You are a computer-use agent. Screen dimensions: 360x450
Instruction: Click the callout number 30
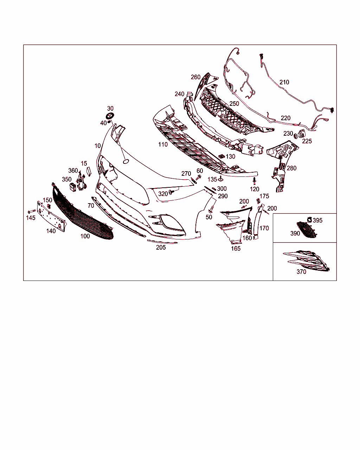tap(110, 109)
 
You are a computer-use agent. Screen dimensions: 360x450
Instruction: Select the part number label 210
tap(284, 82)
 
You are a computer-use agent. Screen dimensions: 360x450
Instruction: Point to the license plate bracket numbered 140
tap(51, 216)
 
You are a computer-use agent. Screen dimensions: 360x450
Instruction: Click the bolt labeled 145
tap(32, 211)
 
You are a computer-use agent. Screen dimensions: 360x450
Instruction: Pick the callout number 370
tap(301, 272)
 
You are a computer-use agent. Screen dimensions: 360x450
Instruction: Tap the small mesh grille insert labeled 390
tap(307, 230)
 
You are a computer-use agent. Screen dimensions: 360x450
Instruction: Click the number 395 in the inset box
tap(317, 220)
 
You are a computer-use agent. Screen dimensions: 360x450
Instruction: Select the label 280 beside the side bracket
tap(291, 168)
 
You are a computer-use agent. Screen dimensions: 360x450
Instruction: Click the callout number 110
tap(163, 144)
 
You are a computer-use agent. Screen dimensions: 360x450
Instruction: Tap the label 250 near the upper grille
tap(234, 103)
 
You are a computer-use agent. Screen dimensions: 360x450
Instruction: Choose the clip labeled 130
tap(221, 156)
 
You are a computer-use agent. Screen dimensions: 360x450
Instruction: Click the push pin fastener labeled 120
tap(255, 181)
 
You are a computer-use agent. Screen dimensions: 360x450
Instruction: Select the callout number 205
tap(161, 247)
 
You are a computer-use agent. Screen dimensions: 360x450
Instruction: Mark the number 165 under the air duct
tap(236, 249)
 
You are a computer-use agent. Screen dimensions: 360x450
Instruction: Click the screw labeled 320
tap(172, 192)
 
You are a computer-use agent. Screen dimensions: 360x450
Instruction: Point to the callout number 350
tap(66, 179)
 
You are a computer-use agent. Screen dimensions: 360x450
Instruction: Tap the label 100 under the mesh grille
tap(85, 236)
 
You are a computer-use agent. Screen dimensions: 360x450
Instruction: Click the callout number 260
tap(195, 77)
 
